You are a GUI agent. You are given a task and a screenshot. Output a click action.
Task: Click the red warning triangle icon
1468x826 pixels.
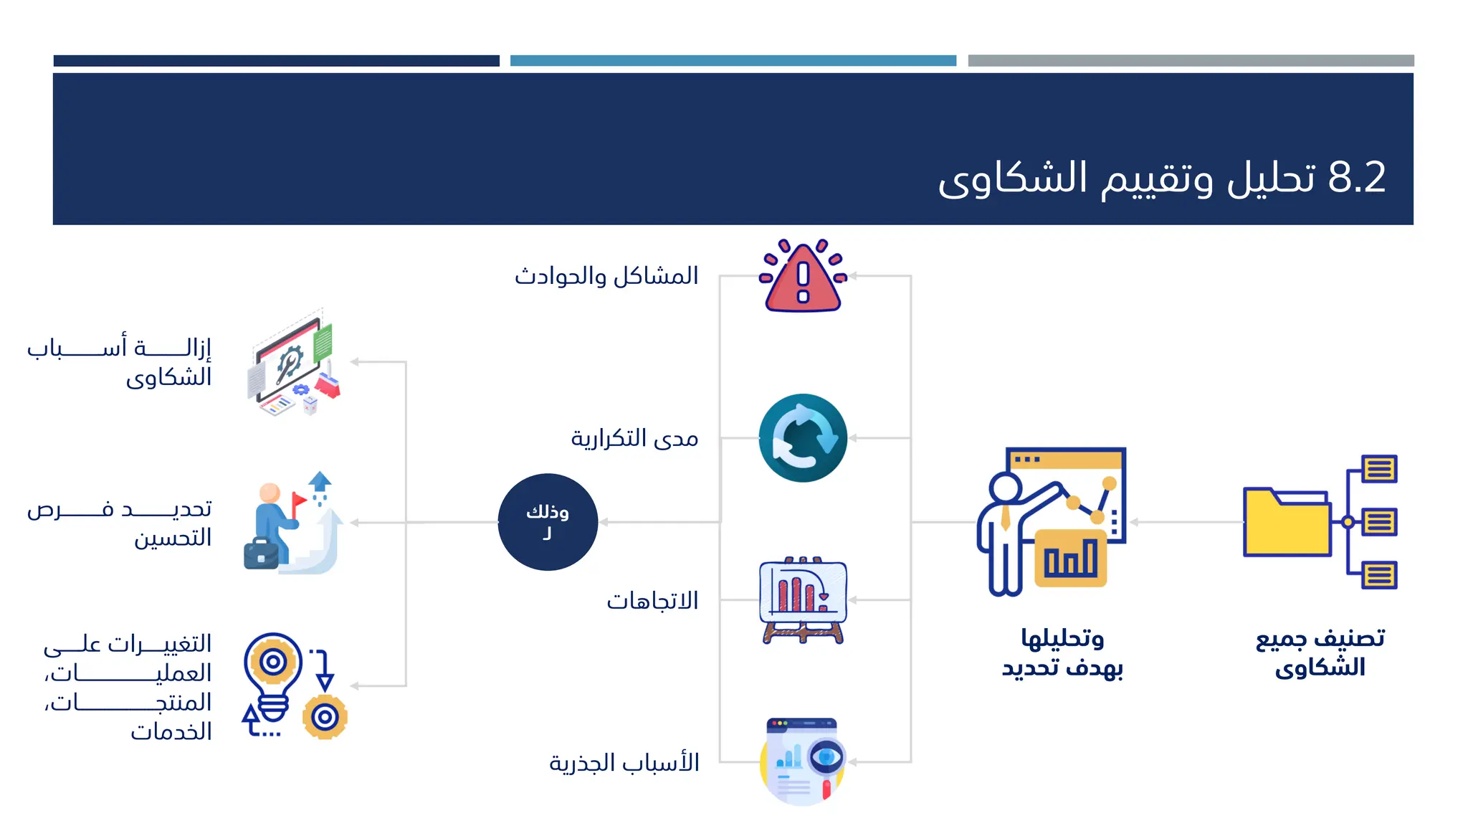click(803, 278)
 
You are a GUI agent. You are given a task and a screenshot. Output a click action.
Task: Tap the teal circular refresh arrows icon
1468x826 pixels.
click(803, 437)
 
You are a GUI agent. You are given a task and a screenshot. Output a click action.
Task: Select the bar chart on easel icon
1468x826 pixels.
click(803, 600)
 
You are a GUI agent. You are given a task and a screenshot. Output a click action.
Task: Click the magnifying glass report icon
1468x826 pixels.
click(803, 761)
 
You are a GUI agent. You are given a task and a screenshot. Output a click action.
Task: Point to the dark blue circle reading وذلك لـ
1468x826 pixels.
click(548, 522)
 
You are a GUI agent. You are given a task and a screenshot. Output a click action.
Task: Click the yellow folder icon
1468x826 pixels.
click(1287, 522)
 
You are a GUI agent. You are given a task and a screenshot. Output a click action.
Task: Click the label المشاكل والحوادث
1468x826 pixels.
click(606, 276)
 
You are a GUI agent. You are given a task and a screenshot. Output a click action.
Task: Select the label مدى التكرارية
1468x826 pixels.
click(634, 438)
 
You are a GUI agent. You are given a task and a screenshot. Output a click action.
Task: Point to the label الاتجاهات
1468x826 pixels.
click(652, 601)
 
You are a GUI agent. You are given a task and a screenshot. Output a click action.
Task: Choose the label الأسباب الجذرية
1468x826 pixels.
click(624, 763)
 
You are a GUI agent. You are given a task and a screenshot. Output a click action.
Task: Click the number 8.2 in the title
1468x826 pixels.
click(1357, 177)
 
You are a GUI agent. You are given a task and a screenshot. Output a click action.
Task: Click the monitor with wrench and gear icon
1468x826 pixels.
click(294, 363)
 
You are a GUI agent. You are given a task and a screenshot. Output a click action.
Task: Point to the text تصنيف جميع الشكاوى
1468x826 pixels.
click(1320, 652)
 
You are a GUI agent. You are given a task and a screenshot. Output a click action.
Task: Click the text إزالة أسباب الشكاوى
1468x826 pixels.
click(120, 362)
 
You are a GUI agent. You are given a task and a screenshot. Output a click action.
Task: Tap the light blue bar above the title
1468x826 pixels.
click(733, 61)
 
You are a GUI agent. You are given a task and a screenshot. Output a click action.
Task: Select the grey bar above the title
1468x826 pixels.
click(1191, 61)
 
